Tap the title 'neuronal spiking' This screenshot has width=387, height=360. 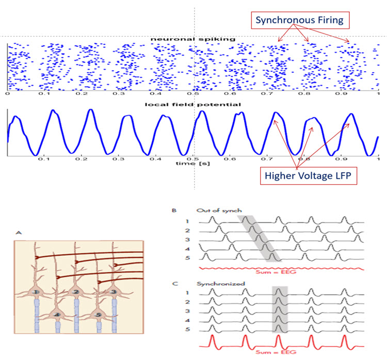192,39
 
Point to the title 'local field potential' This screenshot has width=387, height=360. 192,104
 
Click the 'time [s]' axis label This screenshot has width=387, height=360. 192,164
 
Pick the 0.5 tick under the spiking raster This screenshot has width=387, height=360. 192,94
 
